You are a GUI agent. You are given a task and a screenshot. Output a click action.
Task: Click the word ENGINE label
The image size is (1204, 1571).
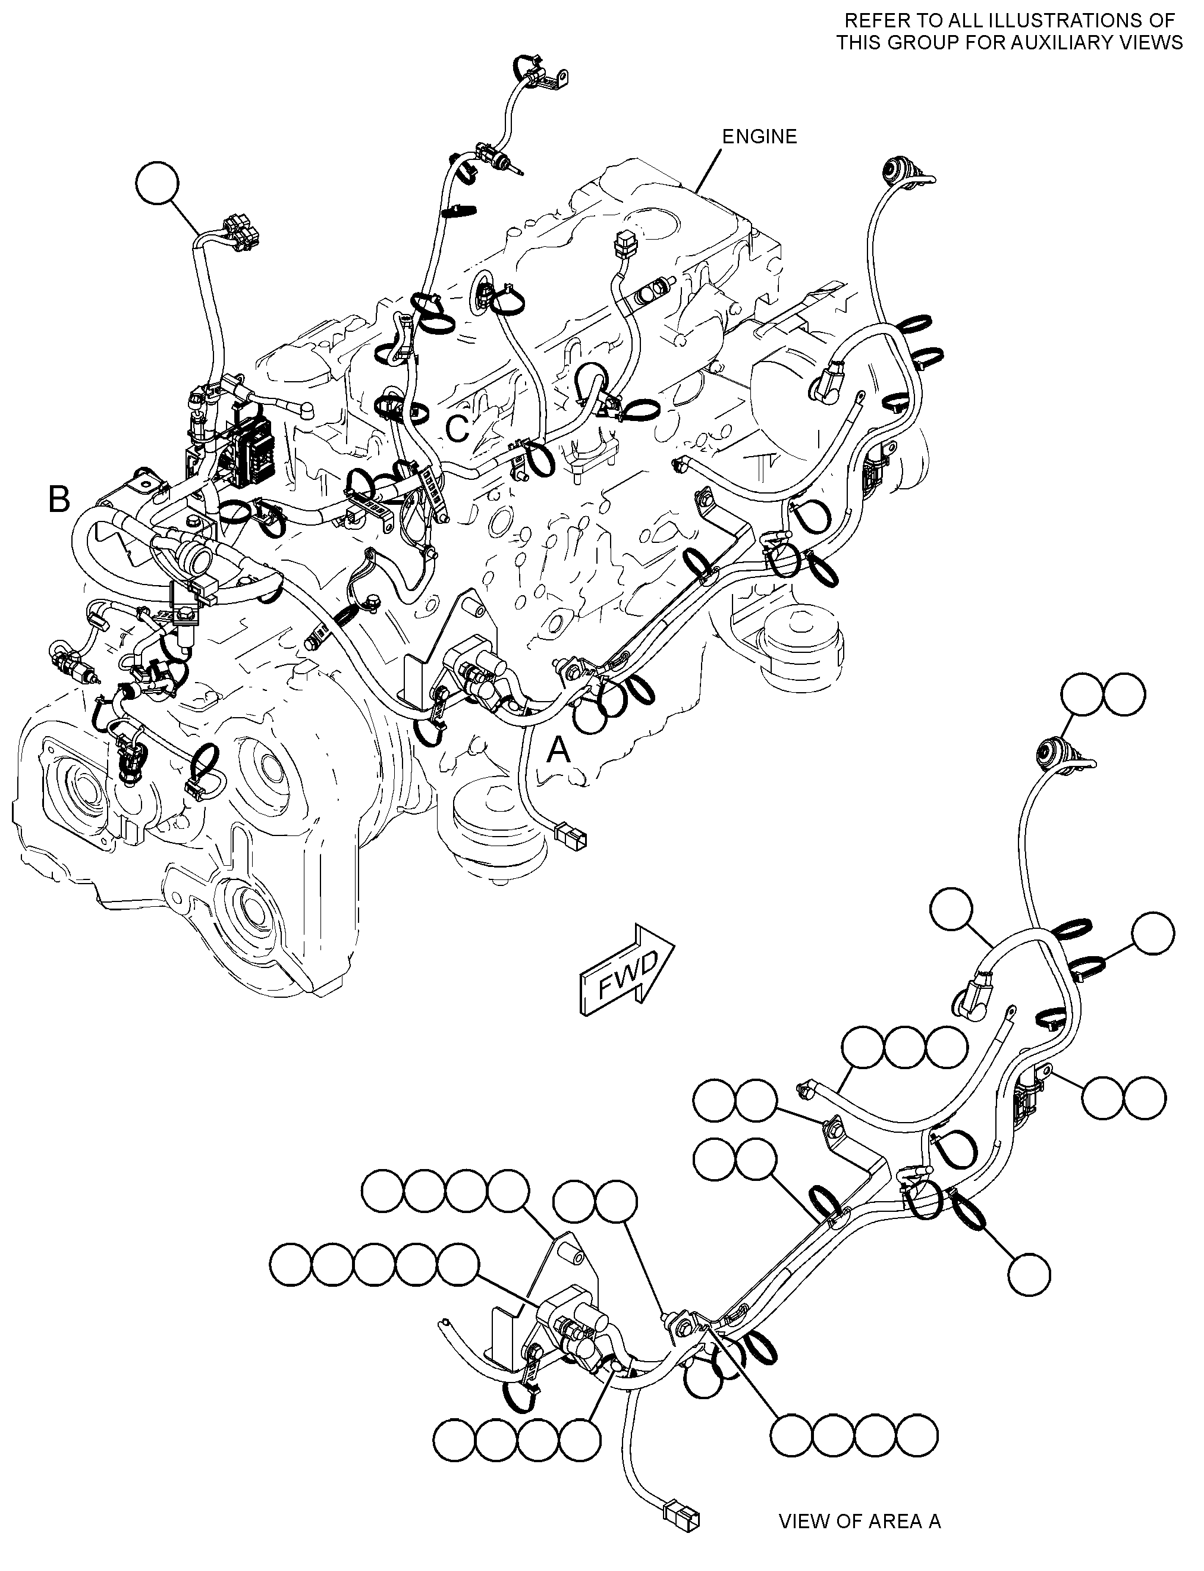point(759,136)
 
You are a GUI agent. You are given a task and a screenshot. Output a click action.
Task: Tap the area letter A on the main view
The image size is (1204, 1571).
point(559,750)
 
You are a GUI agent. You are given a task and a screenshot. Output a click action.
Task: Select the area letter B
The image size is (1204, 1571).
point(59,499)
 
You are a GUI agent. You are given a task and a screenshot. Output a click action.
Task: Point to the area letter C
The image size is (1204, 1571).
point(457,429)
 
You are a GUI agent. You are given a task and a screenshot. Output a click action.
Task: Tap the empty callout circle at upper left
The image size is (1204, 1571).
point(157,185)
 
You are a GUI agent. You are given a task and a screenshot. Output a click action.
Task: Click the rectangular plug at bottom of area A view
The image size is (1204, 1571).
point(681,1513)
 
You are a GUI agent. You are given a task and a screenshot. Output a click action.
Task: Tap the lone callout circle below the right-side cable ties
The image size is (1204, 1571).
point(1029,1275)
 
